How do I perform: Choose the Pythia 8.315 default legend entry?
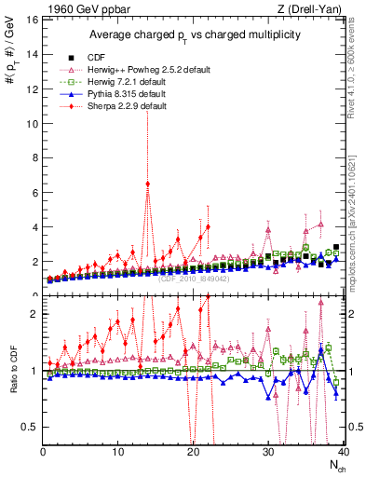pyautogui.click(x=127, y=94)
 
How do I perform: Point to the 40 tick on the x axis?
pyautogui.click(x=342, y=452)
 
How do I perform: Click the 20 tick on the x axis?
pyautogui.click(x=193, y=452)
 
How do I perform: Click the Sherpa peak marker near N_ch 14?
pyautogui.click(x=147, y=184)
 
